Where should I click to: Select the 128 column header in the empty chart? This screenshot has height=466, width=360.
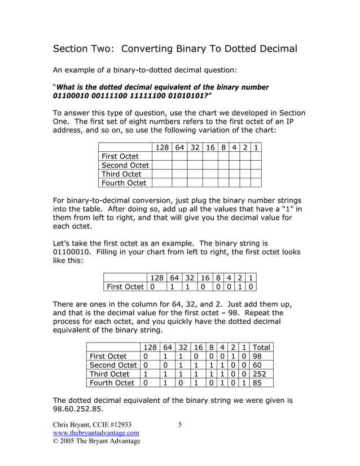[162, 147]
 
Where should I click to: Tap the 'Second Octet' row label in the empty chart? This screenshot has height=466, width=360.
[125, 165]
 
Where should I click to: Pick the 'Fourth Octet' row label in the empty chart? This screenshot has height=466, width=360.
[123, 183]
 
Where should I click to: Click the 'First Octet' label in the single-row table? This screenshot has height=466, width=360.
[125, 287]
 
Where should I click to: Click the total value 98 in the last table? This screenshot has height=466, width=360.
[257, 356]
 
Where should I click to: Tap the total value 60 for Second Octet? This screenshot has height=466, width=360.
[257, 365]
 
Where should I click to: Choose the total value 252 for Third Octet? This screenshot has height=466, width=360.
[259, 374]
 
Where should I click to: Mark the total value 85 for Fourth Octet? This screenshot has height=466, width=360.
[257, 383]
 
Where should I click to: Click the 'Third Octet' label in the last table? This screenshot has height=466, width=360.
[109, 374]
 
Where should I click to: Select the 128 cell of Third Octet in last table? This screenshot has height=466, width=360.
[145, 374]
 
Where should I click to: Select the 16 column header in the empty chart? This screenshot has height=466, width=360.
[210, 147]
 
